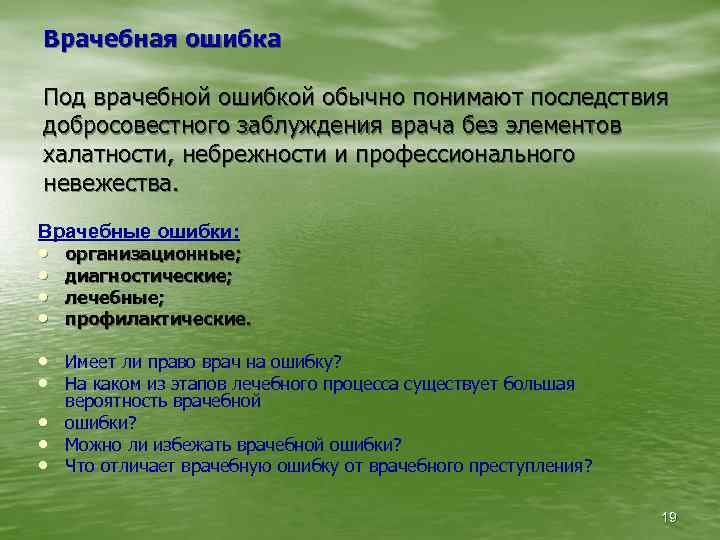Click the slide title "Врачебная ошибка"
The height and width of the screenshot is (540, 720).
tap(163, 40)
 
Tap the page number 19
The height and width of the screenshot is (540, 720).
tap(669, 516)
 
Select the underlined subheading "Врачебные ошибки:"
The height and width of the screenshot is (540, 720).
tap(139, 231)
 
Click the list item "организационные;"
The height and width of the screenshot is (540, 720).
tap(153, 255)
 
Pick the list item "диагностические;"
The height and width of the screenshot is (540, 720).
tap(149, 276)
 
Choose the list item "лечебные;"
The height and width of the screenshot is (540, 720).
tap(115, 298)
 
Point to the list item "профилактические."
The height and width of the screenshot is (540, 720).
tap(158, 320)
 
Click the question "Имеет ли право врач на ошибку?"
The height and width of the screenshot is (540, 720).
tap(203, 362)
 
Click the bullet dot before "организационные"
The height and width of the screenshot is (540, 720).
tap(45, 255)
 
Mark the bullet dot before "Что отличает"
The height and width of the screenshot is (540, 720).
tap(45, 465)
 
